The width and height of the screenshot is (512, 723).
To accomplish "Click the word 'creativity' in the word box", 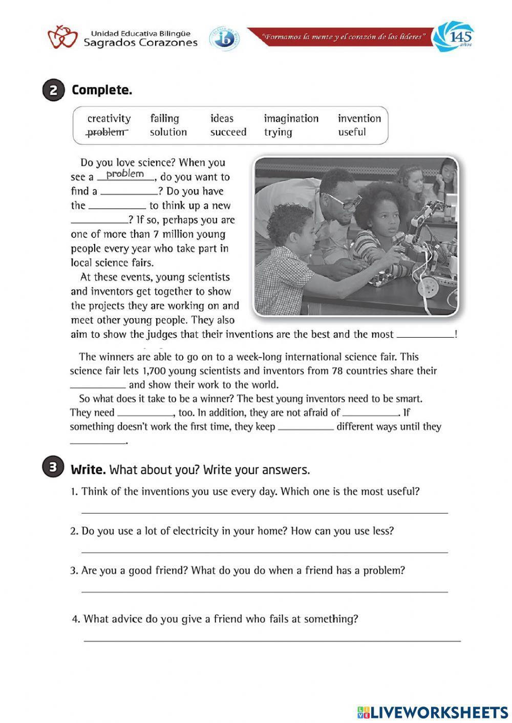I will (x=109, y=119).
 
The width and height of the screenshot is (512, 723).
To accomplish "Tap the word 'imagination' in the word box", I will (x=291, y=119).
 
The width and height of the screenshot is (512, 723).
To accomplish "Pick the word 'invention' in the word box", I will (x=359, y=119).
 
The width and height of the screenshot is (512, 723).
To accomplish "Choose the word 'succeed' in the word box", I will (x=228, y=132).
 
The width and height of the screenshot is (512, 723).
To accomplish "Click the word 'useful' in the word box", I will (x=352, y=132).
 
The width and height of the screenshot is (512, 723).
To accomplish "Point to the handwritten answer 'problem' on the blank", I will (x=125, y=174).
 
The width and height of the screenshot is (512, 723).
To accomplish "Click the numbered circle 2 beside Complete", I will (x=53, y=91).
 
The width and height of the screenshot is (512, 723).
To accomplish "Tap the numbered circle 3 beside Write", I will (x=53, y=468).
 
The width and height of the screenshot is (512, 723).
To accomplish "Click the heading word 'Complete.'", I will (x=102, y=91).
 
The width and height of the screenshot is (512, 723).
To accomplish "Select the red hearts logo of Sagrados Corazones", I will (x=62, y=38).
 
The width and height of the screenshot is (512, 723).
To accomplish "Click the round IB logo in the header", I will (x=224, y=39).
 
